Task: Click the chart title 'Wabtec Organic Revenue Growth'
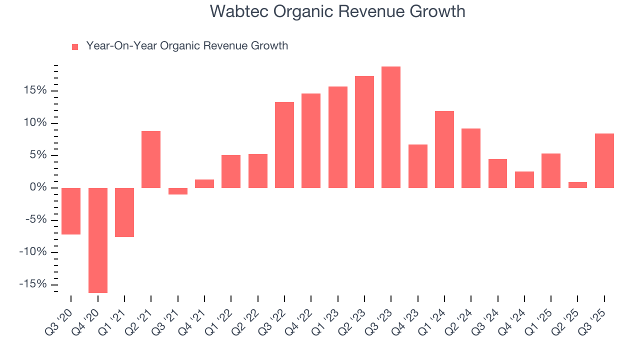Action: click(x=337, y=11)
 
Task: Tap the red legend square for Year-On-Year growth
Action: click(x=75, y=46)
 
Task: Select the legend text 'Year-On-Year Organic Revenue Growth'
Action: click(x=187, y=46)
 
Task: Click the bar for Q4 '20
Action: click(x=98, y=240)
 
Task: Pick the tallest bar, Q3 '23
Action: click(x=391, y=127)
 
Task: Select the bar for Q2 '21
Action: click(x=151, y=159)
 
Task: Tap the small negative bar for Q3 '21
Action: click(x=178, y=191)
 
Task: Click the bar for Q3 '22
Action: click(x=284, y=145)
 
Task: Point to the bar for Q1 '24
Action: click(x=444, y=149)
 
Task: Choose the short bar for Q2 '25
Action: click(x=577, y=184)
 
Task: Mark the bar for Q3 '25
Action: click(x=604, y=160)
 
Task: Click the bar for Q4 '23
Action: click(x=418, y=166)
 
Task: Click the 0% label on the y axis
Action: click(x=39, y=187)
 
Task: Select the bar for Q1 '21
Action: click(x=124, y=212)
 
